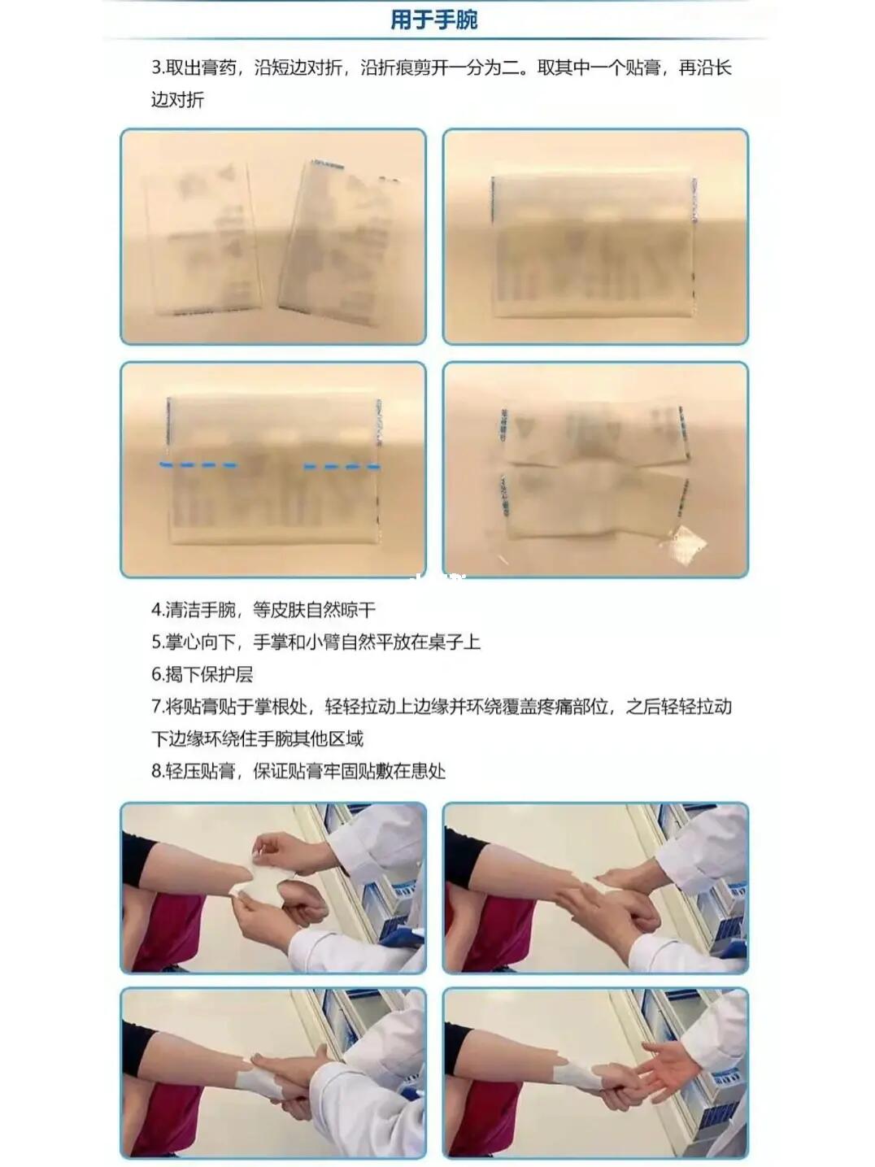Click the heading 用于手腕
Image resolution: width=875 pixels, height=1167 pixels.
pyautogui.click(x=433, y=20)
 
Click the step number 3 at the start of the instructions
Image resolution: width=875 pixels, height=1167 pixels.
pyautogui.click(x=155, y=68)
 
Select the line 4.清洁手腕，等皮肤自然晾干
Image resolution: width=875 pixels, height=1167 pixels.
pyautogui.click(x=263, y=610)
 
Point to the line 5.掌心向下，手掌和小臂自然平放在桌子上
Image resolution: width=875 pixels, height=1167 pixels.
pyautogui.click(x=316, y=642)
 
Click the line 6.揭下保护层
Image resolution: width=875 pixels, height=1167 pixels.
pyautogui.click(x=202, y=674)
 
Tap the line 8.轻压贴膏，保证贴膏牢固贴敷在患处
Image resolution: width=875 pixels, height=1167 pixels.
pyautogui.click(x=298, y=771)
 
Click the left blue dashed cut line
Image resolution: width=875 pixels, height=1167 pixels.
pyautogui.click(x=199, y=465)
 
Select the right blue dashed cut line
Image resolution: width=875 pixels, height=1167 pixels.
pyautogui.click(x=342, y=467)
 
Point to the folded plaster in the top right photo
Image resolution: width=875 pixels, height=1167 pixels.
pyautogui.click(x=594, y=248)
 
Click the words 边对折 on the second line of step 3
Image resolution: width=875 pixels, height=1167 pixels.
pyautogui.click(x=177, y=101)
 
